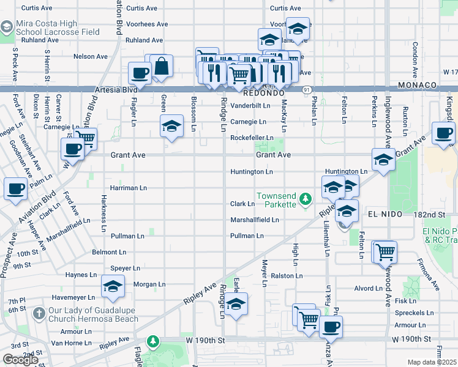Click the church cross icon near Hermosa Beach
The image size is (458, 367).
pos(38,314)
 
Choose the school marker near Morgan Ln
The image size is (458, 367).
pos(113,287)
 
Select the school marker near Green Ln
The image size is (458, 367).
pos(172,126)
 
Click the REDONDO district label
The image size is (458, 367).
pos(264,94)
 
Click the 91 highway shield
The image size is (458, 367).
pos(306,90)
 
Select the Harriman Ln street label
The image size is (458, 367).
pos(129,188)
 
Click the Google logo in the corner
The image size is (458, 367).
pos(20,360)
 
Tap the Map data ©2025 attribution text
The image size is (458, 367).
pos(432,362)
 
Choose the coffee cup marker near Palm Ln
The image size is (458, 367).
pos(15,188)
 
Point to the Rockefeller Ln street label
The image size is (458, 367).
pos(251,138)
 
